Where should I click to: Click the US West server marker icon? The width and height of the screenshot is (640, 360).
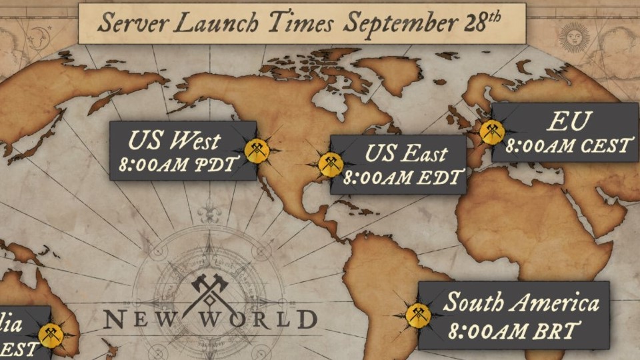coord(257,151)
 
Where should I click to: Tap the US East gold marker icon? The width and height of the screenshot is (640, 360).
coord(331,164)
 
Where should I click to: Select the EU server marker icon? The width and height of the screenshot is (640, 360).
coord(492,132)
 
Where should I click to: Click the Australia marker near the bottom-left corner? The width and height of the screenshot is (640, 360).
coord(51,334)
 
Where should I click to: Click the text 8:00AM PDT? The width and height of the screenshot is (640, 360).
coord(177,165)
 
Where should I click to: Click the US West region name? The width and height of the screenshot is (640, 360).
coord(174,141)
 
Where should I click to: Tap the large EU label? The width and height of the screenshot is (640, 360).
coord(569,121)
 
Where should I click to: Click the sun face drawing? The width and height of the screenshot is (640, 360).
coord(574,37)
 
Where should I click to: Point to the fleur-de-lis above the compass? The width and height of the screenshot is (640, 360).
coord(209,211)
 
